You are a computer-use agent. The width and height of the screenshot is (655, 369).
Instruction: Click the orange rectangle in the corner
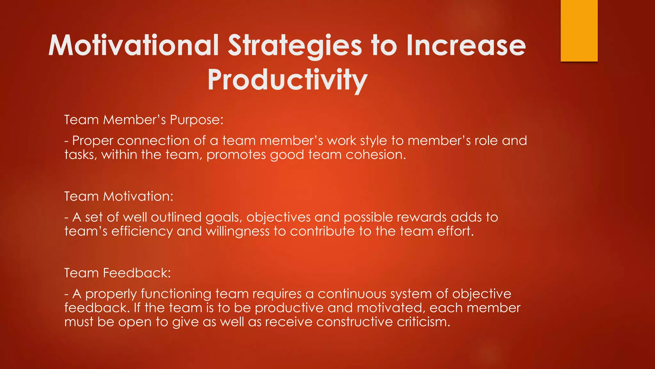tap(579, 30)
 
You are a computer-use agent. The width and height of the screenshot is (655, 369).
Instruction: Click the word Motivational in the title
tap(134, 45)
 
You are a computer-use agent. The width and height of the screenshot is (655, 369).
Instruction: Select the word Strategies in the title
tap(295, 46)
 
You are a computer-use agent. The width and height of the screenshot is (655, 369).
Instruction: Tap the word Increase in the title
tap(466, 45)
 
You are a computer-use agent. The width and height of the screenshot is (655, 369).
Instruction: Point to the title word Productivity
tap(287, 80)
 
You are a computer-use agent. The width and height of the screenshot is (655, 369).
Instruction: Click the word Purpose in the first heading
tap(196, 120)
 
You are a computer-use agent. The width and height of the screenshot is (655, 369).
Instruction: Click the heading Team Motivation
tap(119, 196)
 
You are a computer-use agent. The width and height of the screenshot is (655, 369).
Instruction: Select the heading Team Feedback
tap(117, 273)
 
